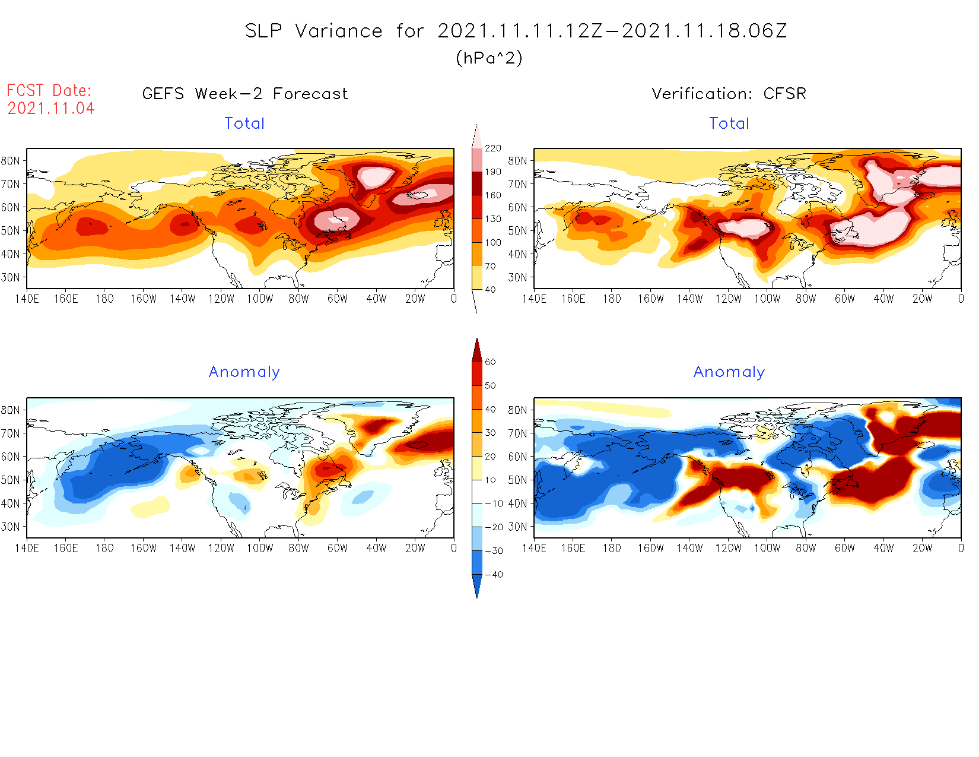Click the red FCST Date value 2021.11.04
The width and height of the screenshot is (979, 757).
coord(51,108)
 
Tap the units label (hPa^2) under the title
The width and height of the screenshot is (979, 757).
coord(489,58)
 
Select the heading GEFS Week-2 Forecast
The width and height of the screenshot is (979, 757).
coord(245,94)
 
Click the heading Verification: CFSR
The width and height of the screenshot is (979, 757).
coord(729,94)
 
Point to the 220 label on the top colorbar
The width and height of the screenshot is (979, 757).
coord(492,148)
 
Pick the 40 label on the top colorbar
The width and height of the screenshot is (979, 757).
coord(490,290)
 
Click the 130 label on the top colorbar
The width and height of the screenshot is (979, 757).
coord(492,219)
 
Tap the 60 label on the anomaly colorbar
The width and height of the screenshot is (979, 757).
coord(490,362)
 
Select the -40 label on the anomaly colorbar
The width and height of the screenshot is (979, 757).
coord(494,575)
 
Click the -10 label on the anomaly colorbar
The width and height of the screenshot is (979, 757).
coord(494,503)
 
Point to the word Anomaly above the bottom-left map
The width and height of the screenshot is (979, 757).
coord(244,372)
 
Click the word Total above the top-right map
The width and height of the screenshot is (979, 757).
coord(729,123)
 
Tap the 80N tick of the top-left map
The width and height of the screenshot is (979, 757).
coord(11,160)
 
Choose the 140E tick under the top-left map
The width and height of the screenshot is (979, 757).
coord(27,299)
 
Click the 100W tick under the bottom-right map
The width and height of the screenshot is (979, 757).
coord(767,548)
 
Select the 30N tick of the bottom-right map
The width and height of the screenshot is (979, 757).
coord(517,527)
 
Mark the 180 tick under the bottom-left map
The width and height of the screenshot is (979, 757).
coord(104,548)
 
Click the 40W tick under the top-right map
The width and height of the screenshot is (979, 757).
coord(883,299)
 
